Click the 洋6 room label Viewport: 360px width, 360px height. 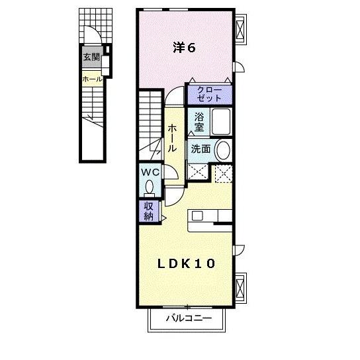point(184,48)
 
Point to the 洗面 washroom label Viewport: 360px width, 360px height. point(201,149)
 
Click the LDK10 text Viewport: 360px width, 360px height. point(185,263)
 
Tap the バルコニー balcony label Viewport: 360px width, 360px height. point(188,319)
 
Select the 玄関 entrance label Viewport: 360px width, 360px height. point(91,57)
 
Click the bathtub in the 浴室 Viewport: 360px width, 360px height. point(221,122)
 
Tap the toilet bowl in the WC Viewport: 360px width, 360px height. point(149,187)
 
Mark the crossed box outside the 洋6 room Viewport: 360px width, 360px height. point(242,29)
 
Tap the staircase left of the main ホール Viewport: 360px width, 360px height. point(151,122)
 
